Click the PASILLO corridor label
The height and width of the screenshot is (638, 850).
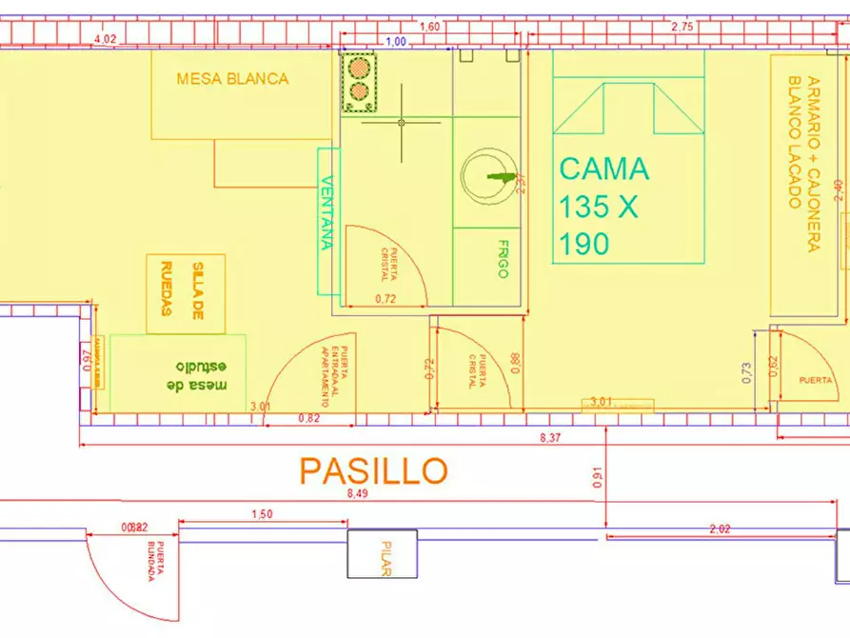pyautogui.click(x=373, y=469)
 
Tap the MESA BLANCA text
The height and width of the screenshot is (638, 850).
pyautogui.click(x=232, y=79)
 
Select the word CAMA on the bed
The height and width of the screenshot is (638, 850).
pyautogui.click(x=604, y=169)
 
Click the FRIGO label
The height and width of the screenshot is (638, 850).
pyautogui.click(x=503, y=258)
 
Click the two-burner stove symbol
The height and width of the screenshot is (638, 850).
pyautogui.click(x=359, y=80)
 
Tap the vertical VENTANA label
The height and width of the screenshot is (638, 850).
pyautogui.click(x=326, y=213)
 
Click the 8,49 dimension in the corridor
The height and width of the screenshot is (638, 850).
pyautogui.click(x=358, y=493)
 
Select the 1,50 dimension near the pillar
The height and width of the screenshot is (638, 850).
pyautogui.click(x=261, y=514)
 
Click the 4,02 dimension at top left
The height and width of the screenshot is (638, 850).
pyautogui.click(x=105, y=39)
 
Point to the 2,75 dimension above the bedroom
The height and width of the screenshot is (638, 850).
pyautogui.click(x=682, y=27)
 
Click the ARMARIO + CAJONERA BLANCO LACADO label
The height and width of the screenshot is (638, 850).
pyautogui.click(x=800, y=162)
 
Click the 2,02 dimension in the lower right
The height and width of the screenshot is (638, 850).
pyautogui.click(x=720, y=528)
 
